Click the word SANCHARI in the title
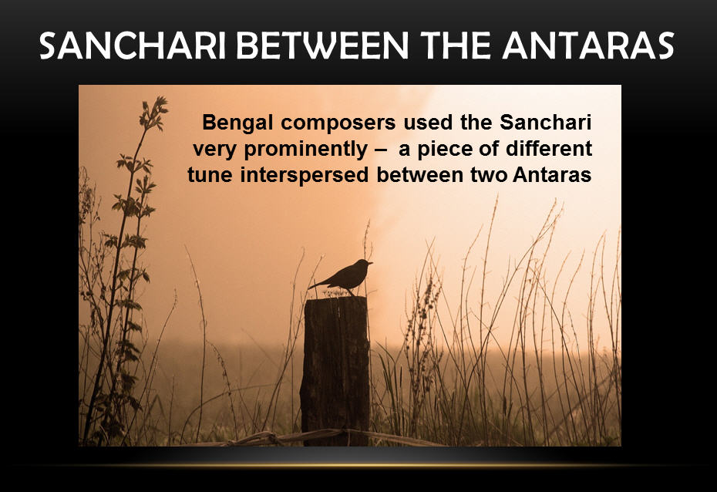pyautogui.click(x=133, y=45)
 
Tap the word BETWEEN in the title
pyautogui.click(x=322, y=45)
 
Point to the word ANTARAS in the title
pyautogui.click(x=588, y=45)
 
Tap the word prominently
pyautogui.click(x=306, y=150)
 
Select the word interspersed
pyautogui.click(x=305, y=176)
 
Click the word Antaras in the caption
pyautogui.click(x=552, y=175)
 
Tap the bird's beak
pyautogui.click(x=370, y=263)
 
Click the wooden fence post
pyautogui.click(x=335, y=370)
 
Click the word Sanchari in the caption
pyautogui.click(x=546, y=123)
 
